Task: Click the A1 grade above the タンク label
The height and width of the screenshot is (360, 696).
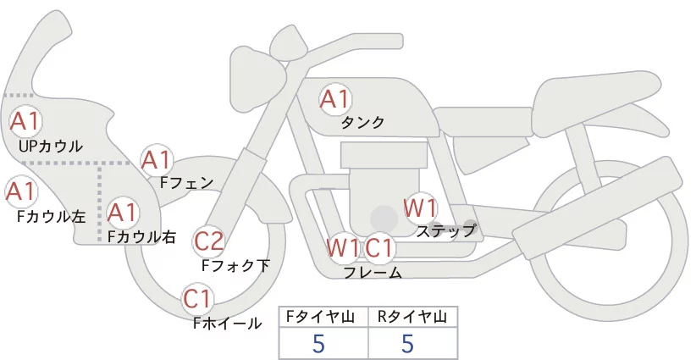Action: click(x=334, y=99)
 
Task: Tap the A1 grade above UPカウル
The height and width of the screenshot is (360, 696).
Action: click(x=25, y=121)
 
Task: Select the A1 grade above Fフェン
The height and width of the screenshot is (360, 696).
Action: click(x=157, y=159)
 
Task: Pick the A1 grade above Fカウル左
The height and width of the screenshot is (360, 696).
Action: click(x=20, y=191)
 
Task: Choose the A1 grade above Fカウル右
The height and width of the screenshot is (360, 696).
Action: click(x=123, y=211)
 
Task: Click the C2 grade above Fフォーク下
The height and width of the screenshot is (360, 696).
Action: click(x=209, y=242)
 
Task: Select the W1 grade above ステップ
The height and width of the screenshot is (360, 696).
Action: click(x=419, y=208)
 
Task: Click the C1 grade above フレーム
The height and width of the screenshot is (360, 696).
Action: click(x=380, y=248)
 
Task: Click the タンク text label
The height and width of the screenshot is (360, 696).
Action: click(x=362, y=123)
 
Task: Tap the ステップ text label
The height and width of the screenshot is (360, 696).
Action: click(x=446, y=230)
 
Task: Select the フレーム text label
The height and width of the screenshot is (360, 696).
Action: click(x=373, y=272)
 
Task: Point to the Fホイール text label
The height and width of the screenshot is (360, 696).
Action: click(x=227, y=323)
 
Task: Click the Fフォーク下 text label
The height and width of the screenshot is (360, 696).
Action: click(x=235, y=265)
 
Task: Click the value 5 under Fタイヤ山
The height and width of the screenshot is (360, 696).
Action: click(x=318, y=344)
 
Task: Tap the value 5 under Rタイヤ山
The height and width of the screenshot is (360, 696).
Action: click(x=407, y=344)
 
